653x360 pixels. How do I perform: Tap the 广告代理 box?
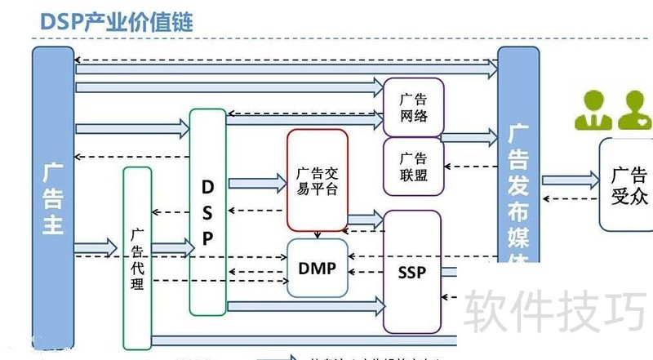pos(137,257)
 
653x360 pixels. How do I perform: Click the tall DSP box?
pos(207,212)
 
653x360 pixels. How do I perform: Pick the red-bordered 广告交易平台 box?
pos(317,180)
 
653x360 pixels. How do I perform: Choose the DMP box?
pos(318,268)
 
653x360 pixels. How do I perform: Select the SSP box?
pos(411,272)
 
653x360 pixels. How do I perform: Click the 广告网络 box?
pos(413,107)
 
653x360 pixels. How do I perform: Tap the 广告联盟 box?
pos(413,166)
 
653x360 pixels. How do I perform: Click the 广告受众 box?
pos(628,184)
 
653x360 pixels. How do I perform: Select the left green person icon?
pos(592,112)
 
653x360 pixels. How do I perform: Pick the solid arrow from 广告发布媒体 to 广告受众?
pos(569,180)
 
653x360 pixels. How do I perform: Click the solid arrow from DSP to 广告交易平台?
pos(256,184)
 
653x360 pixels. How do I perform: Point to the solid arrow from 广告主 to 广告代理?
pos(97,243)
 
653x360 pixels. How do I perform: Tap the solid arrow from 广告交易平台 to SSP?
pos(366,219)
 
